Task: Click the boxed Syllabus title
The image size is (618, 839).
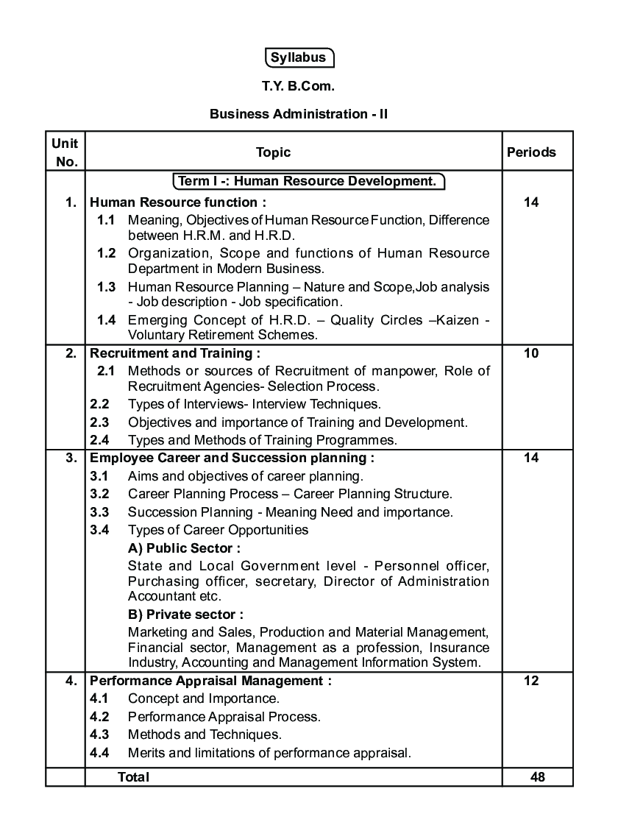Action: (299, 57)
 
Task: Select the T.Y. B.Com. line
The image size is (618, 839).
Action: (298, 86)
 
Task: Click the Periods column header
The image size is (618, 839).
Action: (531, 152)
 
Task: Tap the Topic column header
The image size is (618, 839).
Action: (273, 152)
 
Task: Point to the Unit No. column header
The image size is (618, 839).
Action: (65, 152)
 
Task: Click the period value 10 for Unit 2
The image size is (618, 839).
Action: (531, 353)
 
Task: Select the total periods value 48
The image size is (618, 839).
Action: (537, 777)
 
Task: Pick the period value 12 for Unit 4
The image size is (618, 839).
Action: (531, 681)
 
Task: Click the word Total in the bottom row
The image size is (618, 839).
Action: (133, 777)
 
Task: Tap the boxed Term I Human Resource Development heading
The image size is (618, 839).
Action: (308, 181)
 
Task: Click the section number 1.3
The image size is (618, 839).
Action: (107, 287)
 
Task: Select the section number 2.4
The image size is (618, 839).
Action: (99, 440)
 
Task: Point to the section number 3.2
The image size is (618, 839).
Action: (99, 494)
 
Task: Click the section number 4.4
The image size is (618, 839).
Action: (99, 753)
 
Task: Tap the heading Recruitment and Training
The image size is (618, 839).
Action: (175, 353)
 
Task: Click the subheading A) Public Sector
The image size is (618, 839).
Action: (184, 548)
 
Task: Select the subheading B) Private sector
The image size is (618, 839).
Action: (185, 614)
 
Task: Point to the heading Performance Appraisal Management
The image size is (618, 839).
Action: (210, 681)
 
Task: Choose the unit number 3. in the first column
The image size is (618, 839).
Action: (71, 458)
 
